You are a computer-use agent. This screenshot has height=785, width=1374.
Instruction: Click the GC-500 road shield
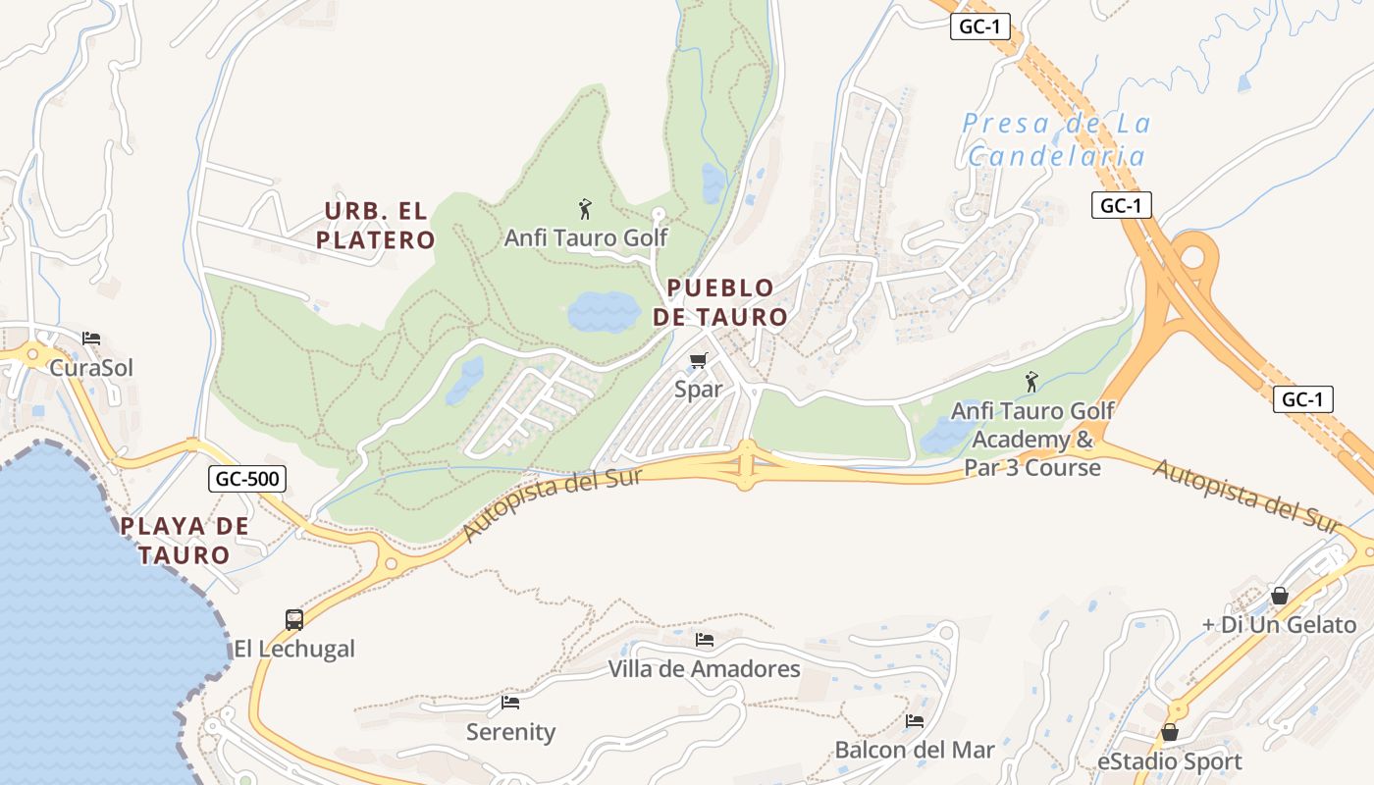tap(247, 479)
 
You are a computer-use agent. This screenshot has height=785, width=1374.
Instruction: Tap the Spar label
tap(698, 389)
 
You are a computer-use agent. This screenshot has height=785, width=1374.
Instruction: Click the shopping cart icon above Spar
tap(698, 360)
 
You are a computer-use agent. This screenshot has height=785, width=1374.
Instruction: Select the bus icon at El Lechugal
tap(294, 619)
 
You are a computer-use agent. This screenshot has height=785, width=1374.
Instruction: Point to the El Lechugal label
tap(294, 649)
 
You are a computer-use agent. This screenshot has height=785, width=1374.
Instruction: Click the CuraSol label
tap(91, 367)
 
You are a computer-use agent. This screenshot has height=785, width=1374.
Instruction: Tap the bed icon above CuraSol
tap(91, 339)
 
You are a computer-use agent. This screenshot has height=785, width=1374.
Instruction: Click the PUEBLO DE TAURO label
tap(720, 302)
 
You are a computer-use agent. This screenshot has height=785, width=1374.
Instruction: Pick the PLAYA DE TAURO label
tap(185, 540)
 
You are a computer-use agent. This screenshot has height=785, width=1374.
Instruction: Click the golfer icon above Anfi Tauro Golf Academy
tap(1031, 381)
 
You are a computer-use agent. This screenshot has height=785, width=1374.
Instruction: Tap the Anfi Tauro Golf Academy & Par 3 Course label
tap(1032, 439)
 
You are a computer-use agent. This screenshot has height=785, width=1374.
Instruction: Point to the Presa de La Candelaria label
tap(1056, 139)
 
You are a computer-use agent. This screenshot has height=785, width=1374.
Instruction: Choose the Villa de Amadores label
tap(704, 669)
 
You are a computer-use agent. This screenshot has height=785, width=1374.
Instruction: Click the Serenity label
tap(510, 731)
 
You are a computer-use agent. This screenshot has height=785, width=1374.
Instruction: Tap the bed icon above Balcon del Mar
tap(915, 721)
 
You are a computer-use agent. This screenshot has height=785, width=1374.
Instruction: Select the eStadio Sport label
tap(1169, 761)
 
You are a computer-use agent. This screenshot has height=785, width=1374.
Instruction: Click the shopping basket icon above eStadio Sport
tap(1169, 732)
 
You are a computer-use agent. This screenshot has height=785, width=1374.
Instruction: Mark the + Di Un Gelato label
tap(1279, 624)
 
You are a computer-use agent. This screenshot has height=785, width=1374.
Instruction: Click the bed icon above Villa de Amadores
tap(705, 640)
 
